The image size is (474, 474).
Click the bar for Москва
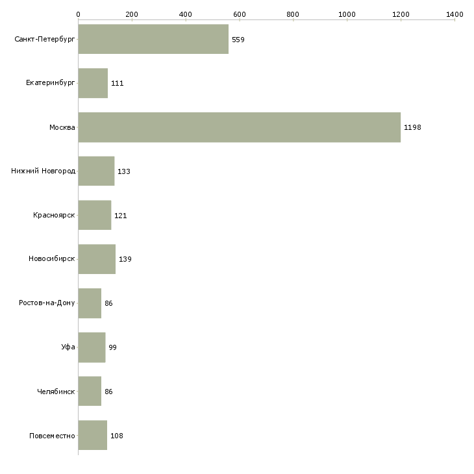(239, 127)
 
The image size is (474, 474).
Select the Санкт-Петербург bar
(153, 39)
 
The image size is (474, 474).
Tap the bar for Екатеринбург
(93, 83)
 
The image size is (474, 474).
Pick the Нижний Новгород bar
(96, 171)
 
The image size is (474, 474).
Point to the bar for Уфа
(92, 347)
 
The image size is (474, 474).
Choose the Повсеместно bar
(93, 436)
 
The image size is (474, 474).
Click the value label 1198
(412, 127)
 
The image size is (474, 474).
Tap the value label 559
(238, 40)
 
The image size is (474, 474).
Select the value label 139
(125, 260)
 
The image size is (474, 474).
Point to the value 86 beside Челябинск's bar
(108, 392)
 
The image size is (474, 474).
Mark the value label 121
(120, 216)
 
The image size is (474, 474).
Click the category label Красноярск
(54, 215)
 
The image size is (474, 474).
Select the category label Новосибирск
(52, 259)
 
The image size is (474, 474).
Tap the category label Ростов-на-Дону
(47, 303)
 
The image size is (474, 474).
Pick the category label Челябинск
(56, 392)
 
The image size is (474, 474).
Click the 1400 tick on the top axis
(455, 14)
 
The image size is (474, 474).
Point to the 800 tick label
(293, 14)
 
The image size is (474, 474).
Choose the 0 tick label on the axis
(79, 14)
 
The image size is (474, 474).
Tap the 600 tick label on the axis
(240, 14)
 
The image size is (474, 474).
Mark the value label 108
(116, 436)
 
